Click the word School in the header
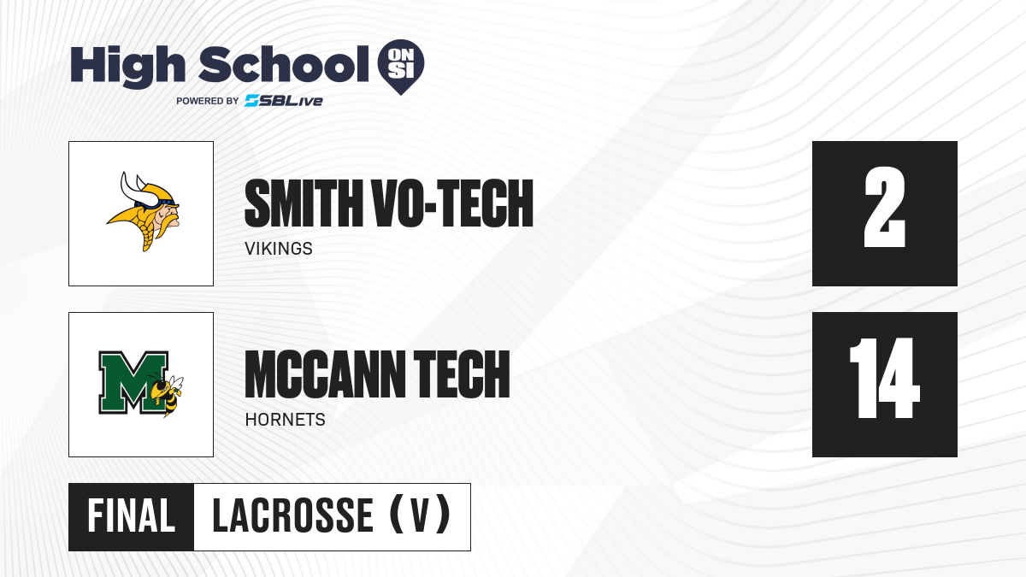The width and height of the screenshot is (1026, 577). pyautogui.click(x=284, y=64)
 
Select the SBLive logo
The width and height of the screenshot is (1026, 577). pyautogui.click(x=283, y=101)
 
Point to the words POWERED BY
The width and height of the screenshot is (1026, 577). pyautogui.click(x=208, y=101)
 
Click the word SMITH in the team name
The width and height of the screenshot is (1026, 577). pyautogui.click(x=304, y=203)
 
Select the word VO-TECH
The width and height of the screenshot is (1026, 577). pyautogui.click(x=453, y=203)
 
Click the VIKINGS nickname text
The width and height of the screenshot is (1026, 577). pyautogui.click(x=279, y=249)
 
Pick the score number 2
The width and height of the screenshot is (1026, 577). pyautogui.click(x=884, y=207)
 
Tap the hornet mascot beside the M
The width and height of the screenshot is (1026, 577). pyautogui.click(x=167, y=394)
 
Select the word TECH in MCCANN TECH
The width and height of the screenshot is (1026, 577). pyautogui.click(x=462, y=374)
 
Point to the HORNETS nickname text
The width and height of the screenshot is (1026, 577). pyautogui.click(x=285, y=420)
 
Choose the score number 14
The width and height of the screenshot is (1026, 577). pyautogui.click(x=884, y=378)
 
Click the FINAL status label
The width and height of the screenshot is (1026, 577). pyautogui.click(x=131, y=516)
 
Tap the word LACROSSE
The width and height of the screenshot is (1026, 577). pyautogui.click(x=292, y=516)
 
